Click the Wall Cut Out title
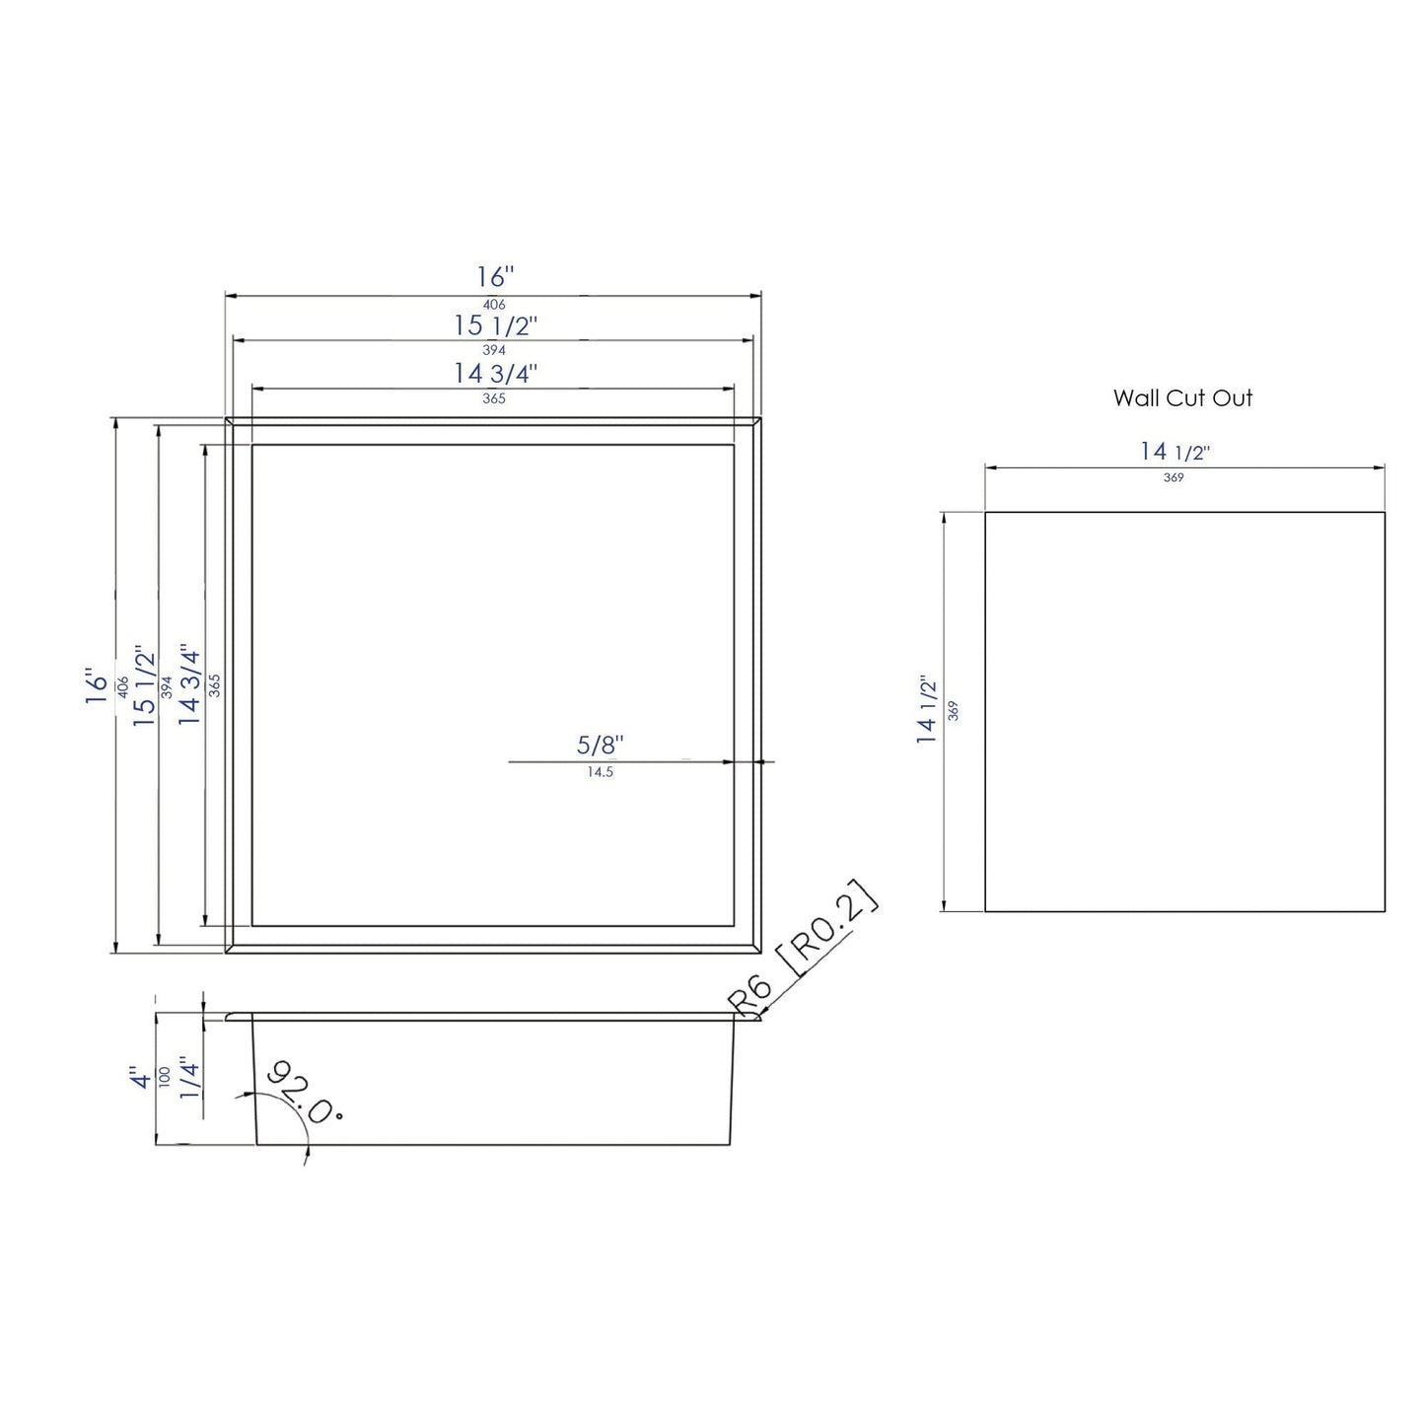(1182, 398)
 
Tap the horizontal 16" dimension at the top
(494, 277)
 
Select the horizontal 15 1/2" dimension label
(495, 325)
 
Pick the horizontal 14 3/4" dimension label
(495, 375)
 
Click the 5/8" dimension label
(601, 747)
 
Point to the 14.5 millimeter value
(600, 772)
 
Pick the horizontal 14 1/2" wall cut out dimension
(1175, 452)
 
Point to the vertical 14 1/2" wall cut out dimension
(927, 710)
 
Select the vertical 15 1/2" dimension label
(145, 686)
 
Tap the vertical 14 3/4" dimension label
(189, 686)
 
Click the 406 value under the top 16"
(494, 305)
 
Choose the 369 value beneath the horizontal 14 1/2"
(1173, 477)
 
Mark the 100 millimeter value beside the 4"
(165, 1076)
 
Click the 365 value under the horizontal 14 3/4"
(494, 399)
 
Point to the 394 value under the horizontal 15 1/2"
(494, 350)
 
